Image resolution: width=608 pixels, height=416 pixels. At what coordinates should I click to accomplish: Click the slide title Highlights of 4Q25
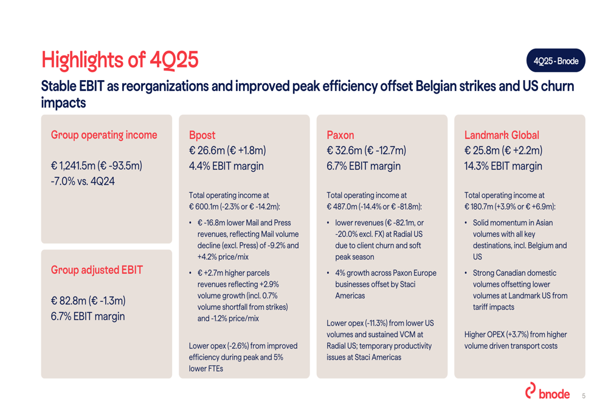[x=120, y=60]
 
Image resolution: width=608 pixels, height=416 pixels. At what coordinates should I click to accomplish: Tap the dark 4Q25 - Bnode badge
[x=556, y=61]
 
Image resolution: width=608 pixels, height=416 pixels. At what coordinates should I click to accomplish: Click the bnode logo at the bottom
[x=547, y=392]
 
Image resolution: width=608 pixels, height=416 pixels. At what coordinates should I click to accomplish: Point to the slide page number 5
[x=584, y=397]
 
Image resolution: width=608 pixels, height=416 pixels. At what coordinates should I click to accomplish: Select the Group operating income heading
[x=104, y=135]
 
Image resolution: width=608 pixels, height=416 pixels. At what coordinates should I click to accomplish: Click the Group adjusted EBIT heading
[x=97, y=270]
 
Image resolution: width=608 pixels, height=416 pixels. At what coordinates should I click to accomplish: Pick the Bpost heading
[x=202, y=135]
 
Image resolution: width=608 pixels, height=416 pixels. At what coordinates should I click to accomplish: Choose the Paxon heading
[x=340, y=135]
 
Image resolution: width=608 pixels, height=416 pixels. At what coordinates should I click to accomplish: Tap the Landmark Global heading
[x=502, y=135]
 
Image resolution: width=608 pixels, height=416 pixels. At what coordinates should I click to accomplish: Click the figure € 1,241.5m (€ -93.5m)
[x=97, y=166]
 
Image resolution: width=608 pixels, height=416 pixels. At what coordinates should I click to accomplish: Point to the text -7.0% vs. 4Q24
[x=83, y=181]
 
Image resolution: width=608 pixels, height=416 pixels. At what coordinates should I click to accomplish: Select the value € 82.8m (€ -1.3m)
[x=88, y=301]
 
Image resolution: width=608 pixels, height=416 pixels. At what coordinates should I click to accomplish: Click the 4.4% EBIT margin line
[x=226, y=166]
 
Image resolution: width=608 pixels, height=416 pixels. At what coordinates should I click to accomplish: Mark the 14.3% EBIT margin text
[x=503, y=166]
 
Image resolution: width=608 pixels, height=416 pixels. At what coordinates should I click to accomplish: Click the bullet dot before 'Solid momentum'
[x=467, y=223]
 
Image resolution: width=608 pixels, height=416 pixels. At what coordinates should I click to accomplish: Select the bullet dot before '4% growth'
[x=329, y=273]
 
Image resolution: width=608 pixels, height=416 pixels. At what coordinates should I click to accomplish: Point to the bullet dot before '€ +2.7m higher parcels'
[x=192, y=273]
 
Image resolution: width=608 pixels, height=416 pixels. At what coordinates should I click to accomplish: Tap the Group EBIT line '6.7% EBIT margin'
[x=88, y=316]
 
